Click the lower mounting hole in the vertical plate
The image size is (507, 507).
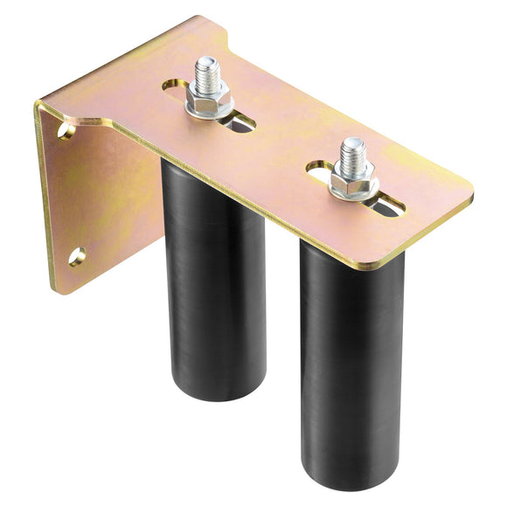tap(77, 256)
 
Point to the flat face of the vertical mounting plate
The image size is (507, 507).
tap(96, 201)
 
